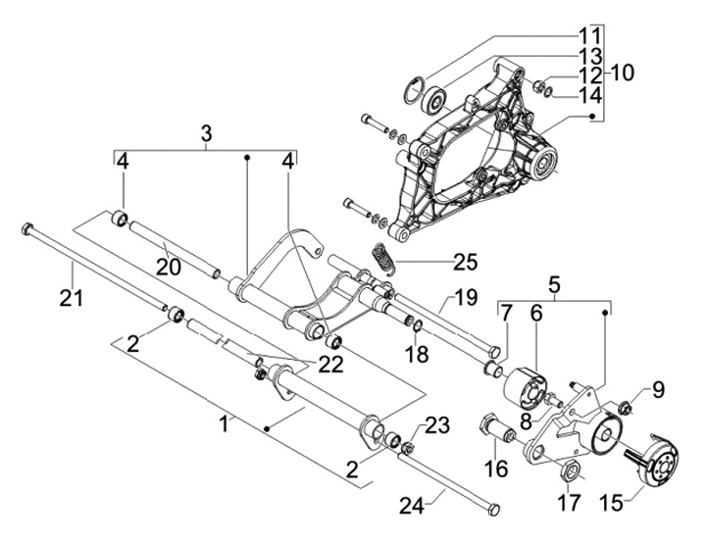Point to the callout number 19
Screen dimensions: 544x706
pyautogui.click(x=465, y=297)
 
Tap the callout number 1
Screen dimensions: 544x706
pyautogui.click(x=226, y=423)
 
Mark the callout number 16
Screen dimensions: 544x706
pyautogui.click(x=496, y=469)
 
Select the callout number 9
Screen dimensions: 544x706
pyautogui.click(x=657, y=390)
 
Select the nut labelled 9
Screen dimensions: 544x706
pyautogui.click(x=624, y=406)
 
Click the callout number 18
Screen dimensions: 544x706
pyautogui.click(x=418, y=352)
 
